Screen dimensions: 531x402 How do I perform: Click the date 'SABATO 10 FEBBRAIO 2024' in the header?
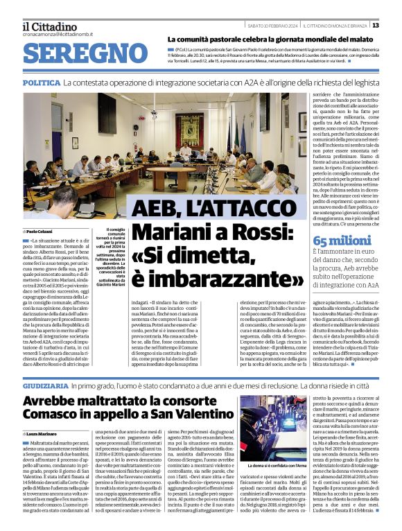(x=272, y=25)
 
